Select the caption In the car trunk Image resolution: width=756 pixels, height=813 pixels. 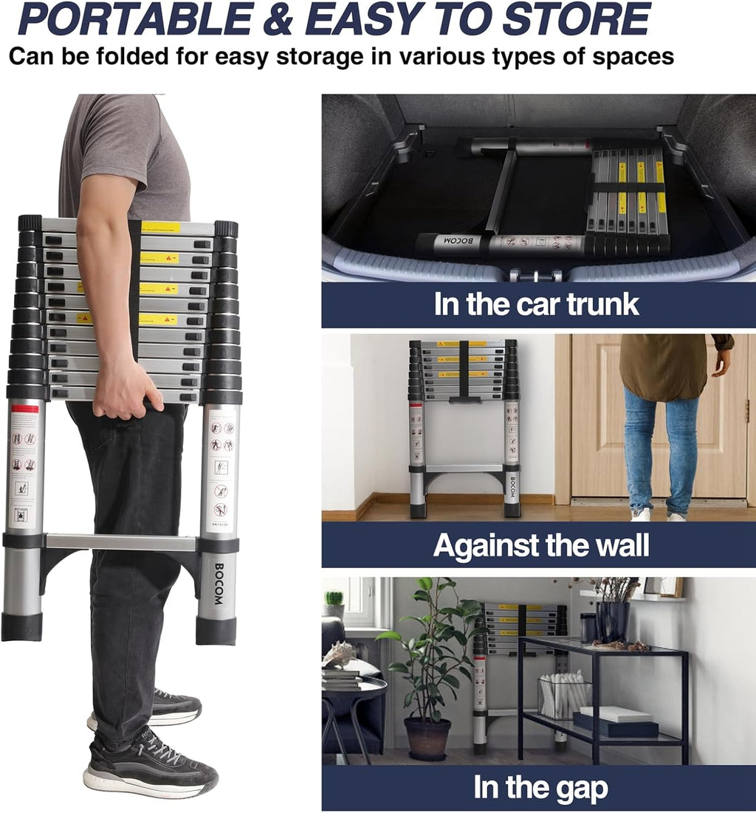[x=537, y=305]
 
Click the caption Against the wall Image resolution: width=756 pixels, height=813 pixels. [x=540, y=546]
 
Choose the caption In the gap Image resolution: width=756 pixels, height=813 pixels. [x=540, y=788]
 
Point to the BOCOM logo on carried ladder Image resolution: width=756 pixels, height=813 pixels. [x=219, y=584]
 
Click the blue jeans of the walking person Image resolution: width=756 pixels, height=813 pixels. [x=661, y=450]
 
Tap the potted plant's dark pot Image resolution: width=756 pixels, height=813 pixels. [x=427, y=738]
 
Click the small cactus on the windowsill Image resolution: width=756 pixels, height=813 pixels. [x=334, y=598]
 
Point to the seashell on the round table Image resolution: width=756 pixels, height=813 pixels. [x=340, y=653]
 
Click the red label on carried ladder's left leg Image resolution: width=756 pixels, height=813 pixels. [x=24, y=409]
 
